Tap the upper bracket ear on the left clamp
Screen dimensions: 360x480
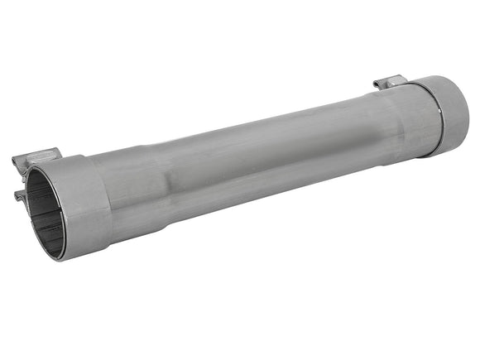[37, 159]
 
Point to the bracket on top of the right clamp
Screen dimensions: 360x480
[390, 82]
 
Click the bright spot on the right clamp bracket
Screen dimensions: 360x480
[383, 81]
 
